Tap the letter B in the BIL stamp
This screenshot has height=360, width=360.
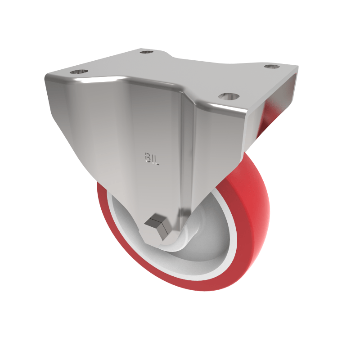click(147, 159)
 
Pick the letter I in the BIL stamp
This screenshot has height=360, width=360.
click(152, 159)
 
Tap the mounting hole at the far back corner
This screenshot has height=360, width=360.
click(145, 52)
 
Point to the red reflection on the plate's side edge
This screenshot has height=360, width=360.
click(269, 118)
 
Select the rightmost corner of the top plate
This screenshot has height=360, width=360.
click(297, 67)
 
